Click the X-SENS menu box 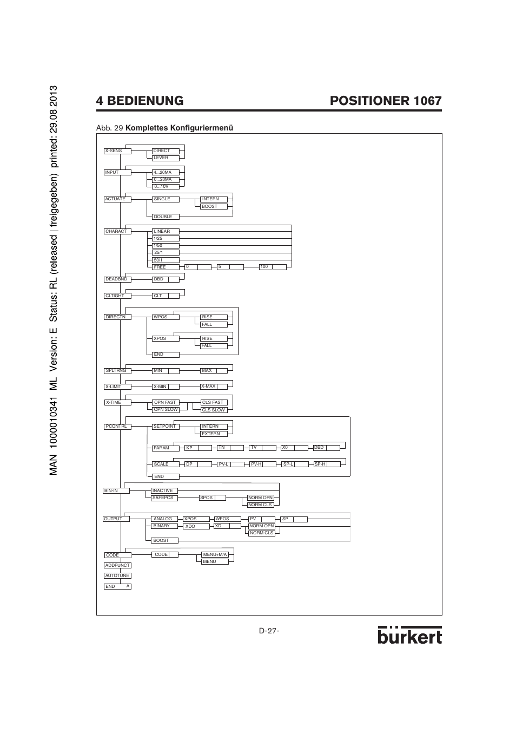pos(117,151)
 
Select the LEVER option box pos(165,158)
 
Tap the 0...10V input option pos(165,187)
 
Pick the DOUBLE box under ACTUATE pos(165,217)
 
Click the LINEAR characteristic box pos(165,232)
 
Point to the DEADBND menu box pos(117,279)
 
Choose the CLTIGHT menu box pos(117,296)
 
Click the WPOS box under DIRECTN pos(165,317)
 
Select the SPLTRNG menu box pos(117,371)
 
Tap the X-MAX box pos(214,387)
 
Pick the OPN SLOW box pos(166,410)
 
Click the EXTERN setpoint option pos(214,434)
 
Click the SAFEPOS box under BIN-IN pos(164,498)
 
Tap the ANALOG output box pos(164,519)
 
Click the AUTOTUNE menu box pos(117,576)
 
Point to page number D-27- pos(269,631)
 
